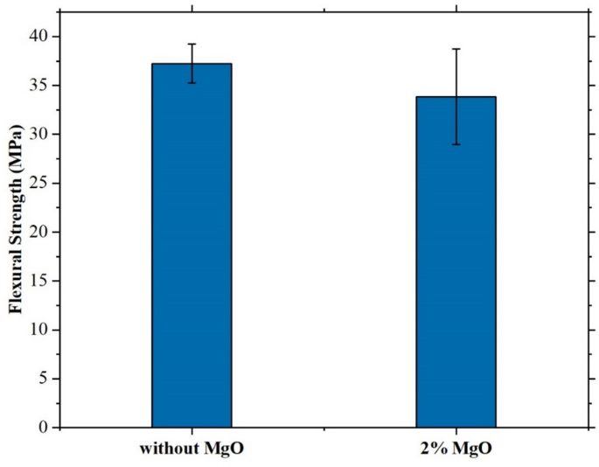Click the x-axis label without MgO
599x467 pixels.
(192, 450)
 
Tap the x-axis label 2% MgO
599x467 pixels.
(456, 450)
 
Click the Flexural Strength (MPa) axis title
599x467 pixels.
(15, 232)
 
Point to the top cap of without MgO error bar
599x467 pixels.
(192, 44)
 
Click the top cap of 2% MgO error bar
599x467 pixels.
(456, 49)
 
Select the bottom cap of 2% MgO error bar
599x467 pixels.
(456, 144)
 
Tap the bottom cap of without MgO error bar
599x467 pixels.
(192, 83)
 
